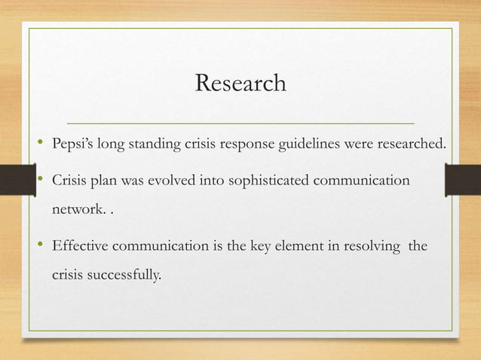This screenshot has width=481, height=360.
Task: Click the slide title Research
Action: tap(240, 83)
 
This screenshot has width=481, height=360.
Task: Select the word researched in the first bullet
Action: tap(409, 143)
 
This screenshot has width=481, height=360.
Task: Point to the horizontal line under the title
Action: tap(240, 122)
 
